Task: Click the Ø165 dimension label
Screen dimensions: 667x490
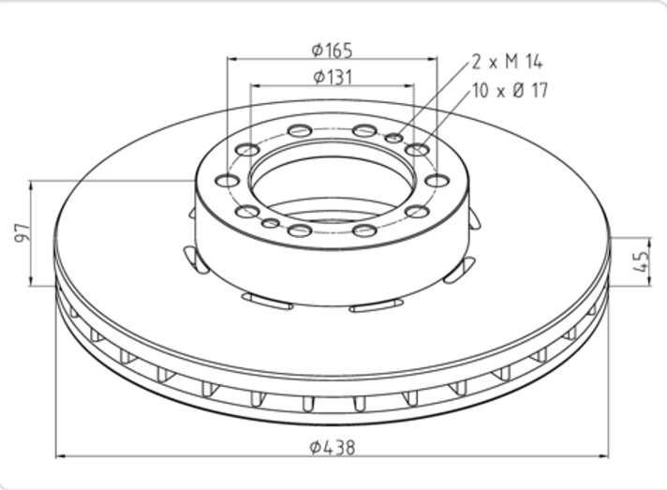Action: [333, 51]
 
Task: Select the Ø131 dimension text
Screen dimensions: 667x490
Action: [333, 77]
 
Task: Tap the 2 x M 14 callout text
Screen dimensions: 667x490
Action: [507, 62]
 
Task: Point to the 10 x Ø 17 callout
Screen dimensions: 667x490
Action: [511, 91]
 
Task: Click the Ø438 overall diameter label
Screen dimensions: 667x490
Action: [333, 447]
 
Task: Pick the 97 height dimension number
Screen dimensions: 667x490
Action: [22, 232]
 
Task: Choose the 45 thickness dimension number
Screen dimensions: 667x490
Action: [641, 261]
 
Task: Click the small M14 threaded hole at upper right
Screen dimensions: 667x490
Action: [394, 138]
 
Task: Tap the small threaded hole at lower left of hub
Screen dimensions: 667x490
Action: [271, 223]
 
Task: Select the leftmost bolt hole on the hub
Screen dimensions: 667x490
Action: [228, 181]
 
